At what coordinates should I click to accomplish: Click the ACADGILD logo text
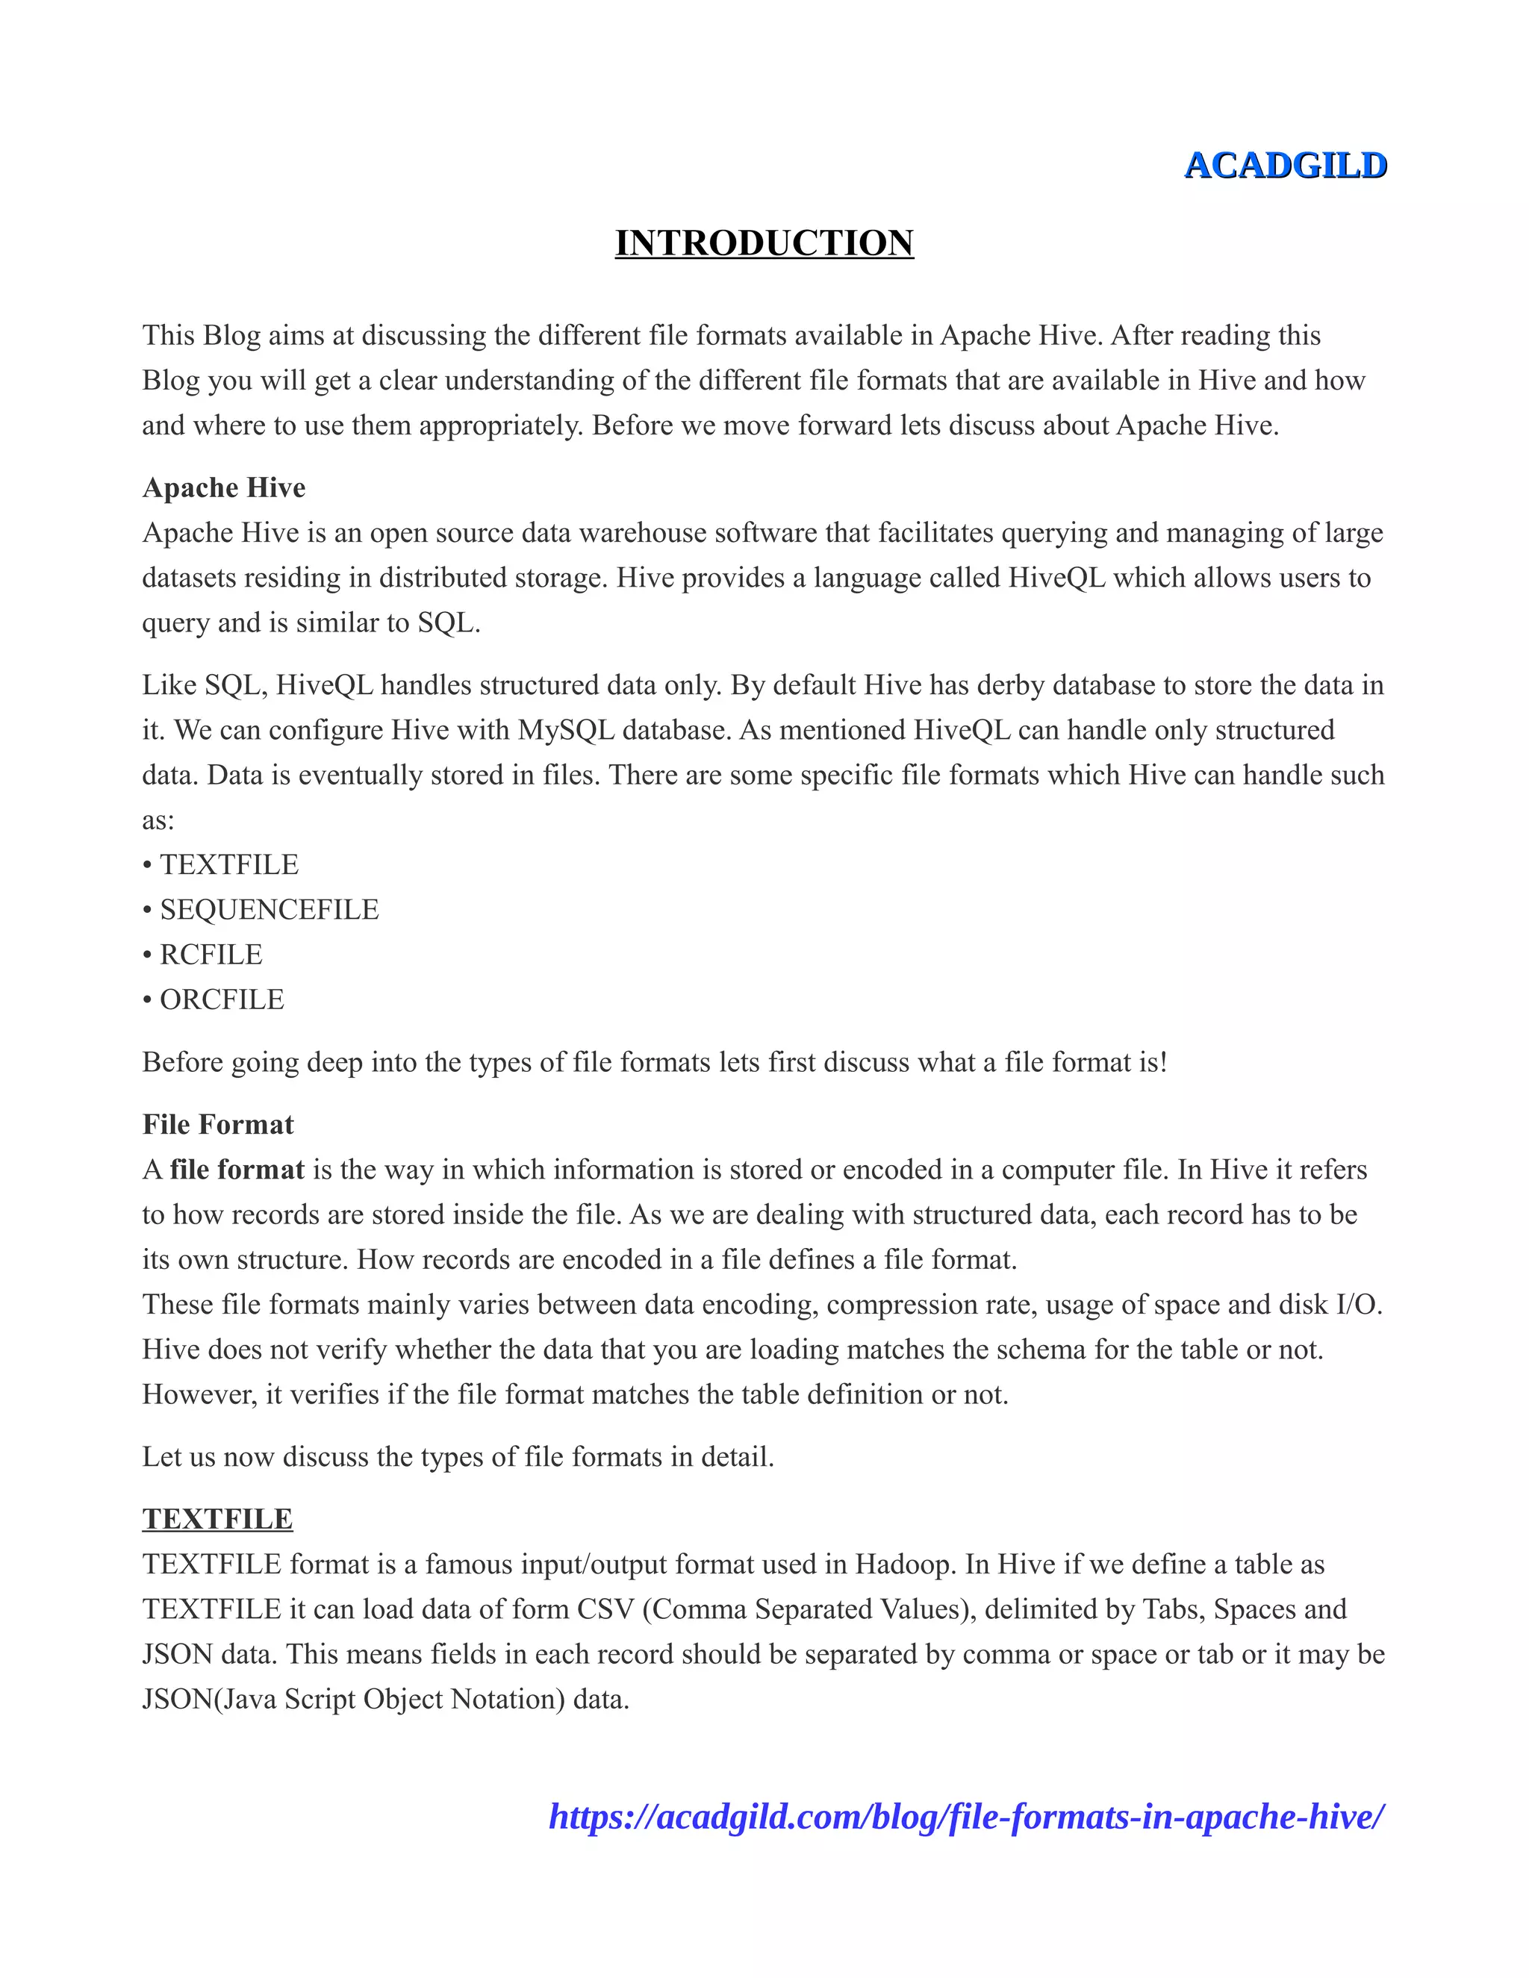point(1286,166)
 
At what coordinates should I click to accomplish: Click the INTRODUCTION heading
point(764,243)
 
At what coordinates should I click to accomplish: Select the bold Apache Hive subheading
point(224,487)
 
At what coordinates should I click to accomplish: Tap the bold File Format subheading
point(218,1124)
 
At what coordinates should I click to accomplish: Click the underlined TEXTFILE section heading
point(217,1519)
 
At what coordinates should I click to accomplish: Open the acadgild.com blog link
point(967,1818)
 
